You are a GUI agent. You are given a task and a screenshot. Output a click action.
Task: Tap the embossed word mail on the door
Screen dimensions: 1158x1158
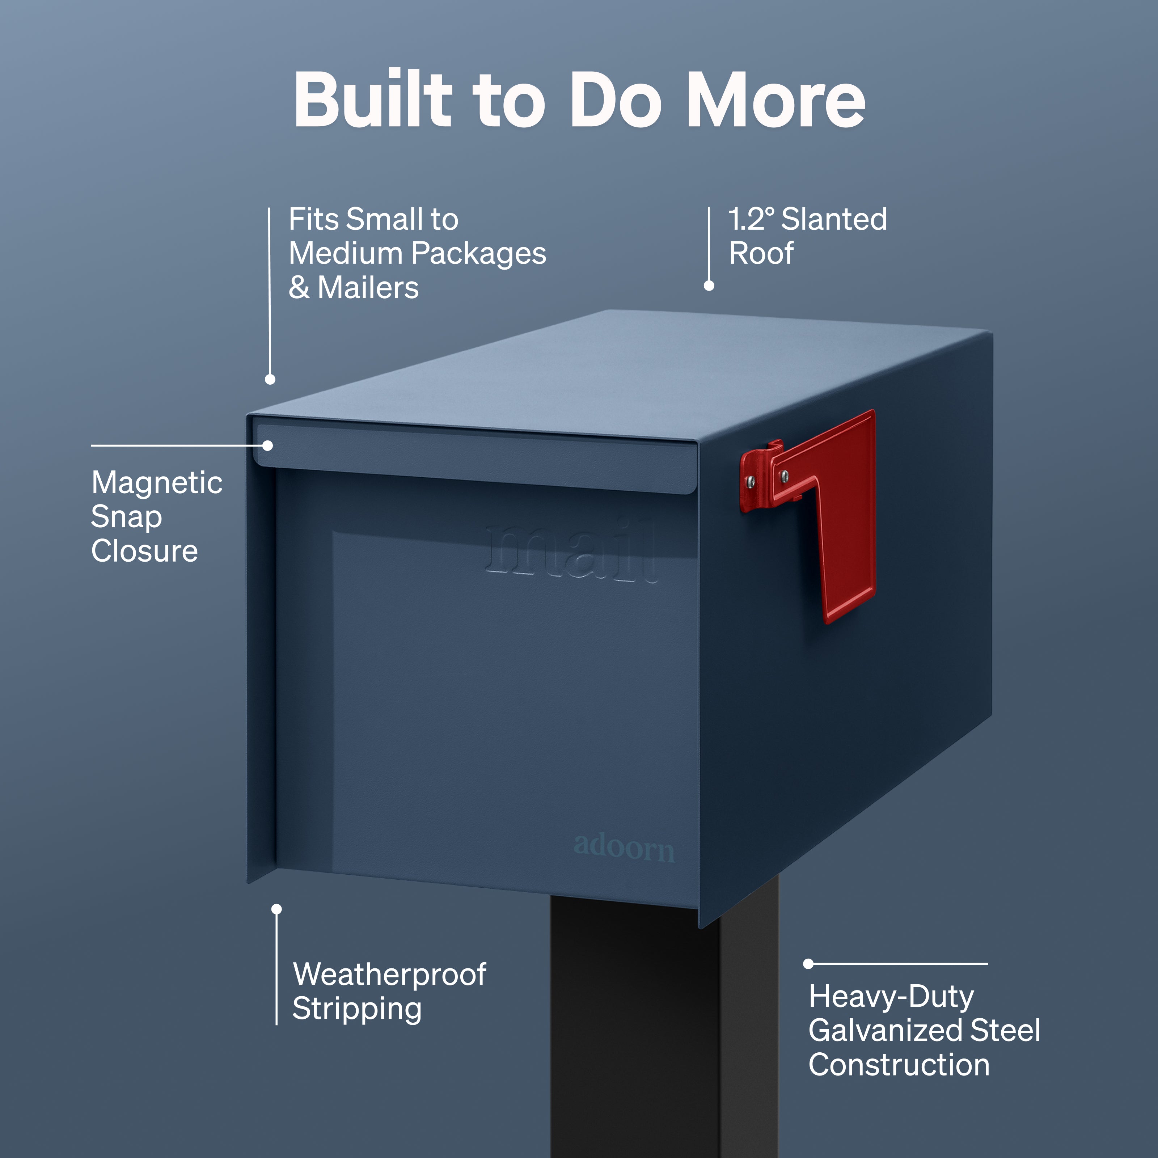pos(571,550)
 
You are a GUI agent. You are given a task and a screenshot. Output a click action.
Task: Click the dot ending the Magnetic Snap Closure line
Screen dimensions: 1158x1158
pos(268,446)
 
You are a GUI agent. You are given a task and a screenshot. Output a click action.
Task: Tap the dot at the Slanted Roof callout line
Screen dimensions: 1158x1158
pos(709,286)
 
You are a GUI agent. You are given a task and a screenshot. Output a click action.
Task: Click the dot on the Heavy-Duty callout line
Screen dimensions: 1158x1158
pos(808,964)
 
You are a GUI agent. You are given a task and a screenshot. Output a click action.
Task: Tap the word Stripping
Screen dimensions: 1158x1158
pos(357,1009)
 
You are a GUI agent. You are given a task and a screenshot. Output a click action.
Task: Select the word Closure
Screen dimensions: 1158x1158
pos(144,551)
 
